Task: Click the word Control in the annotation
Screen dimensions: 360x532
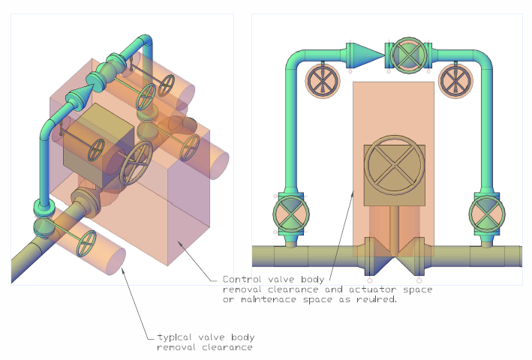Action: (242, 279)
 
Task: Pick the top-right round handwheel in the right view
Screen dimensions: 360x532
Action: (455, 79)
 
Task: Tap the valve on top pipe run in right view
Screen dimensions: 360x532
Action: (409, 55)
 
